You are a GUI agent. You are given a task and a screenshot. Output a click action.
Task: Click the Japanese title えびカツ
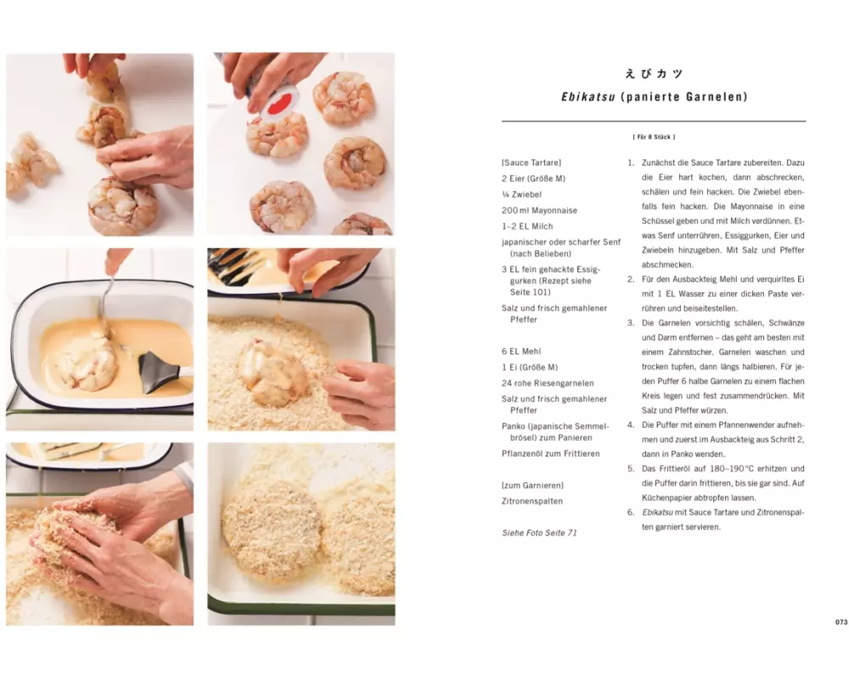tap(654, 74)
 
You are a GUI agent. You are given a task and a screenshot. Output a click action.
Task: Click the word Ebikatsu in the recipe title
tap(588, 97)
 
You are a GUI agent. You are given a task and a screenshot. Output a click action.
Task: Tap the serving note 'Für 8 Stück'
tap(654, 137)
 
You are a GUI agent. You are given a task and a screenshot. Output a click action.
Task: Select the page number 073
tap(841, 622)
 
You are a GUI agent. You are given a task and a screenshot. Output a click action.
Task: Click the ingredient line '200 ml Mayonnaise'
tap(539, 210)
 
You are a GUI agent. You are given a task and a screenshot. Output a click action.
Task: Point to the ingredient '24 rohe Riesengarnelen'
tap(548, 383)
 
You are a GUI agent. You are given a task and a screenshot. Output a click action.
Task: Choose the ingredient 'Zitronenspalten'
tap(532, 501)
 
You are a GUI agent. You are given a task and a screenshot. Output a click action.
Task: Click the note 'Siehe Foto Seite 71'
tap(539, 533)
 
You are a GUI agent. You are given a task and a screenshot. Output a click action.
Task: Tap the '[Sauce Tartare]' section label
tap(531, 162)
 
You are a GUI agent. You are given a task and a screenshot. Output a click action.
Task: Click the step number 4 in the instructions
tap(630, 425)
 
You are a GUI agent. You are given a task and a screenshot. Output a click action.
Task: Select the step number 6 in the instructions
tap(630, 513)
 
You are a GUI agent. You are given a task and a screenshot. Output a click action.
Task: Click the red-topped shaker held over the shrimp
tap(273, 95)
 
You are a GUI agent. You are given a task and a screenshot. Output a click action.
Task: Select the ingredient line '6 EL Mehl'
tap(521, 351)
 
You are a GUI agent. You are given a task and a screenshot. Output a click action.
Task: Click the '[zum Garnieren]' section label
tap(532, 485)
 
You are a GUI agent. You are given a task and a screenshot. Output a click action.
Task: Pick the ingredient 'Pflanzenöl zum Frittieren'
tap(551, 453)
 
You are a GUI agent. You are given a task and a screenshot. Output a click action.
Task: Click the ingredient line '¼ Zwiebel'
tap(521, 194)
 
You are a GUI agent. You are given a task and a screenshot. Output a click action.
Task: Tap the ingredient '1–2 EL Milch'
tap(527, 227)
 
